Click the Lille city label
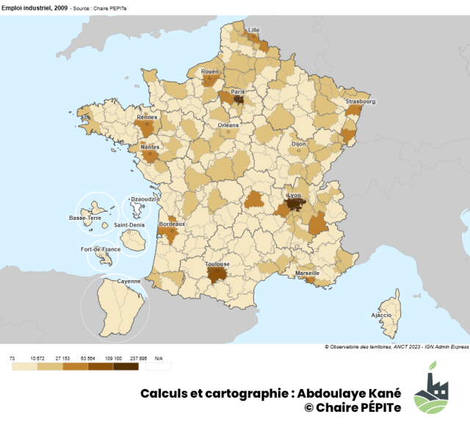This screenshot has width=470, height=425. pos(254,30)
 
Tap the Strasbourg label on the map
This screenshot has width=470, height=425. pos(361,102)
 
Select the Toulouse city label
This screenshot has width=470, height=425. pos(217,264)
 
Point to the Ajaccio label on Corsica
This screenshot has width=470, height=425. pos(381,315)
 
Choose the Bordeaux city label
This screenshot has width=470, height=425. pos(172,224)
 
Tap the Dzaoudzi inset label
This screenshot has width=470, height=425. pos(139,199)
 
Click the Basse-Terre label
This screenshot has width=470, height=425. pos(85,218)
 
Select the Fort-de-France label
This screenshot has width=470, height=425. pos(100,249)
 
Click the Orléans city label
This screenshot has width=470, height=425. pos(228,125)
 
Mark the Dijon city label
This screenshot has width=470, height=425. pos(298,144)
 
